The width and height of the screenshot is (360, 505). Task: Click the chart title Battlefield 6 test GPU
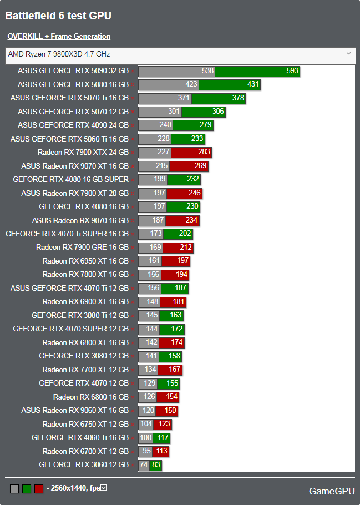coord(58,16)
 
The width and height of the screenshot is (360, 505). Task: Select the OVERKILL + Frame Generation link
coord(59,37)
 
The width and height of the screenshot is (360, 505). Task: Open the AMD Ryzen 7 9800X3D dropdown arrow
coord(348,54)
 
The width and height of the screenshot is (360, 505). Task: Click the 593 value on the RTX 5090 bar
coord(293,71)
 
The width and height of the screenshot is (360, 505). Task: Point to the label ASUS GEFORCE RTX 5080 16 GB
coord(73,84)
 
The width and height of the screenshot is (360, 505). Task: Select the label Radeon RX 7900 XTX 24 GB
coord(83,153)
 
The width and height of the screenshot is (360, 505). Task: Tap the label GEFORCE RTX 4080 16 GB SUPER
coord(71,180)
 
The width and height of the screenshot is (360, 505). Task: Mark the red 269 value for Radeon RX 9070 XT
coord(200,166)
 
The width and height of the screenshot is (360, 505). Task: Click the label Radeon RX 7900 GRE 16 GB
coord(82,248)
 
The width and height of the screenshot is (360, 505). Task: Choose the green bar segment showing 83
coord(155,465)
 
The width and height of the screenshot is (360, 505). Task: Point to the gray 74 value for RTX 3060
coord(144,465)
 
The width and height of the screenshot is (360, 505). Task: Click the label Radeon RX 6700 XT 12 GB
coord(85,451)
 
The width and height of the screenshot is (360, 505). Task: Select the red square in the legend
coord(39,489)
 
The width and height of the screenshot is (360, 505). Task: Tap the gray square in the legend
coord(14,489)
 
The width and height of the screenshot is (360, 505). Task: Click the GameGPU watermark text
coord(332,491)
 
